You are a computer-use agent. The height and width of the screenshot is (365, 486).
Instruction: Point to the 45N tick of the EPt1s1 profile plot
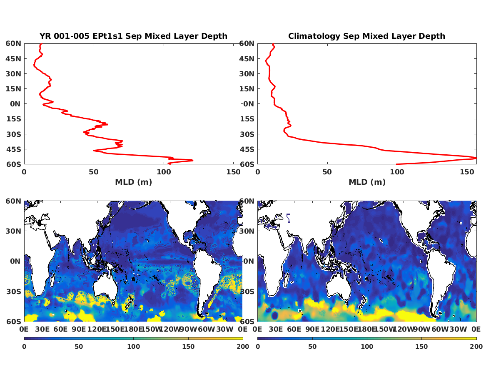[13, 59]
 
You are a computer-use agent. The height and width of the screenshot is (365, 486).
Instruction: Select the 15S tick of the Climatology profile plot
[247, 119]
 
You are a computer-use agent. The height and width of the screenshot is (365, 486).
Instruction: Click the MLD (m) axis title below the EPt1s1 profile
[133, 182]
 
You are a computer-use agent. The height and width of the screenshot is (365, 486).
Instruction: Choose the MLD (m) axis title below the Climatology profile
[367, 182]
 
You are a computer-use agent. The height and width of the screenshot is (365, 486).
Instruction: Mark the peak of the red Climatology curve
[476, 158]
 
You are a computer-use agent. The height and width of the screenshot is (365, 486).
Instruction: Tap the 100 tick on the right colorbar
[367, 347]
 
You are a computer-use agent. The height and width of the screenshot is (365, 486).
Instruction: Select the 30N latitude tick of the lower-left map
[13, 231]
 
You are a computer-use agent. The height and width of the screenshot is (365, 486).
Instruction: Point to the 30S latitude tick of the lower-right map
[247, 291]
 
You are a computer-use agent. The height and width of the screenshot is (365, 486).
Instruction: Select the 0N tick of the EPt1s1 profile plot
[15, 104]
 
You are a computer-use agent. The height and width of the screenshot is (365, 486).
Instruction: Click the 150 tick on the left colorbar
[188, 347]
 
